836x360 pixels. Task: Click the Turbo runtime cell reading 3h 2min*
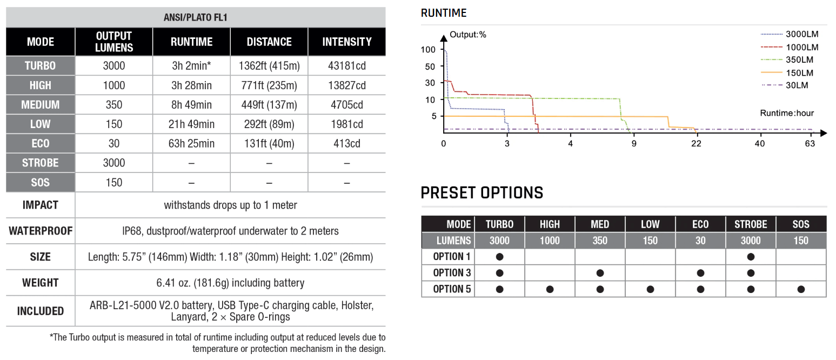tap(191, 66)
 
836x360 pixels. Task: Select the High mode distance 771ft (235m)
tap(269, 85)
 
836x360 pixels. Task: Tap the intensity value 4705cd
tap(346, 105)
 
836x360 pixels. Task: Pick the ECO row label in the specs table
tap(41, 144)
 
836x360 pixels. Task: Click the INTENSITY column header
tap(346, 42)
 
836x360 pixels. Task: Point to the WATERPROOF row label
tap(41, 231)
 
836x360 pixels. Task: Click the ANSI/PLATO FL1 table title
tap(195, 18)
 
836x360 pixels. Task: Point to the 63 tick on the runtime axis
tap(810, 144)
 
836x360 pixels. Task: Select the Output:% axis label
tap(468, 35)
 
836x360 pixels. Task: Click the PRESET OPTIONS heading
tap(481, 193)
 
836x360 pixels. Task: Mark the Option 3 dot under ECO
tap(700, 273)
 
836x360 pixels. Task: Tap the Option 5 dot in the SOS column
tap(801, 289)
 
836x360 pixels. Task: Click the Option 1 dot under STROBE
tap(751, 257)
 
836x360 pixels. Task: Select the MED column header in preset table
tap(600, 224)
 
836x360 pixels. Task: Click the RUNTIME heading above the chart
tap(444, 13)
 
